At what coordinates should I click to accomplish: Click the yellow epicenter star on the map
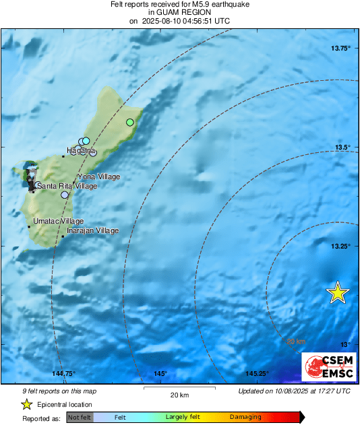click(337, 293)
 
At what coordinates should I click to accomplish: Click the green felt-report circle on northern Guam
click(130, 123)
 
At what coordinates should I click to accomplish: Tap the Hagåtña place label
click(80, 150)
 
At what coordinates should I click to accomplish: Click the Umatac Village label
click(58, 221)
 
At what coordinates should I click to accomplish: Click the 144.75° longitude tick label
click(65, 374)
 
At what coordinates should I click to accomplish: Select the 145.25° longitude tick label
click(256, 374)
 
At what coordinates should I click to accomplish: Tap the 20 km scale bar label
click(179, 394)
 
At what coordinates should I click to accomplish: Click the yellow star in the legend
click(26, 404)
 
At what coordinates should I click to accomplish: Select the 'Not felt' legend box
click(80, 417)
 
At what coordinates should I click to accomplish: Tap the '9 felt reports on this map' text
click(59, 390)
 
